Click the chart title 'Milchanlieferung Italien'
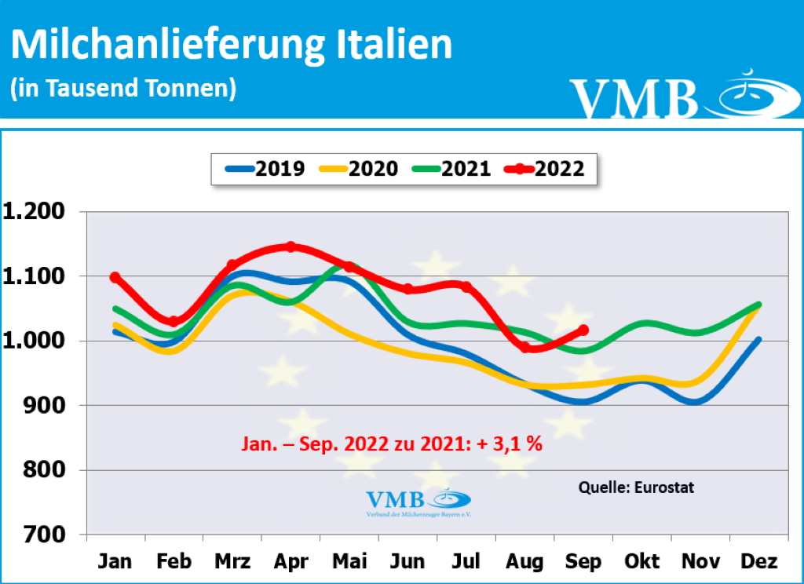point(232,46)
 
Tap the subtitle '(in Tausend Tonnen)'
point(123,87)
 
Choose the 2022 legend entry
point(545,169)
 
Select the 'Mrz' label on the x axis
point(232,562)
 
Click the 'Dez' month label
point(759,562)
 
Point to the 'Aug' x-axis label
point(524,562)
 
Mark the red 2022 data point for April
point(291,246)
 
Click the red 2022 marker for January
point(115,277)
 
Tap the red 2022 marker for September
point(583,330)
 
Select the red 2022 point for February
point(174,322)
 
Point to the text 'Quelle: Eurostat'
point(636,487)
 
